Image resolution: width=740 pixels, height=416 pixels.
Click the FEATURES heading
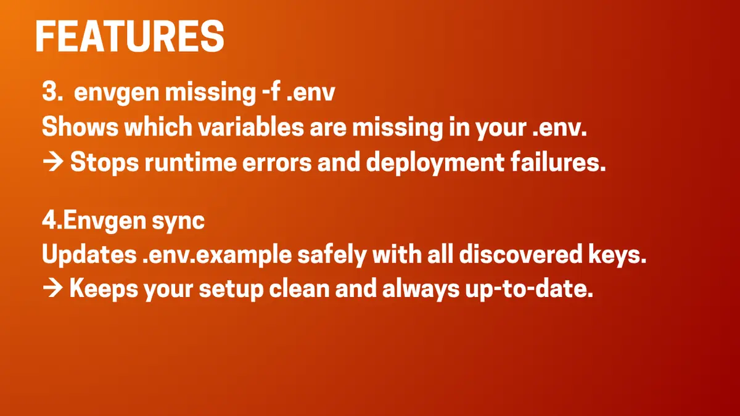(x=129, y=37)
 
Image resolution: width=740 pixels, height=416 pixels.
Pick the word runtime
(x=197, y=163)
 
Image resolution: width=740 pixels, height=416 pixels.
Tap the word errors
(x=278, y=163)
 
